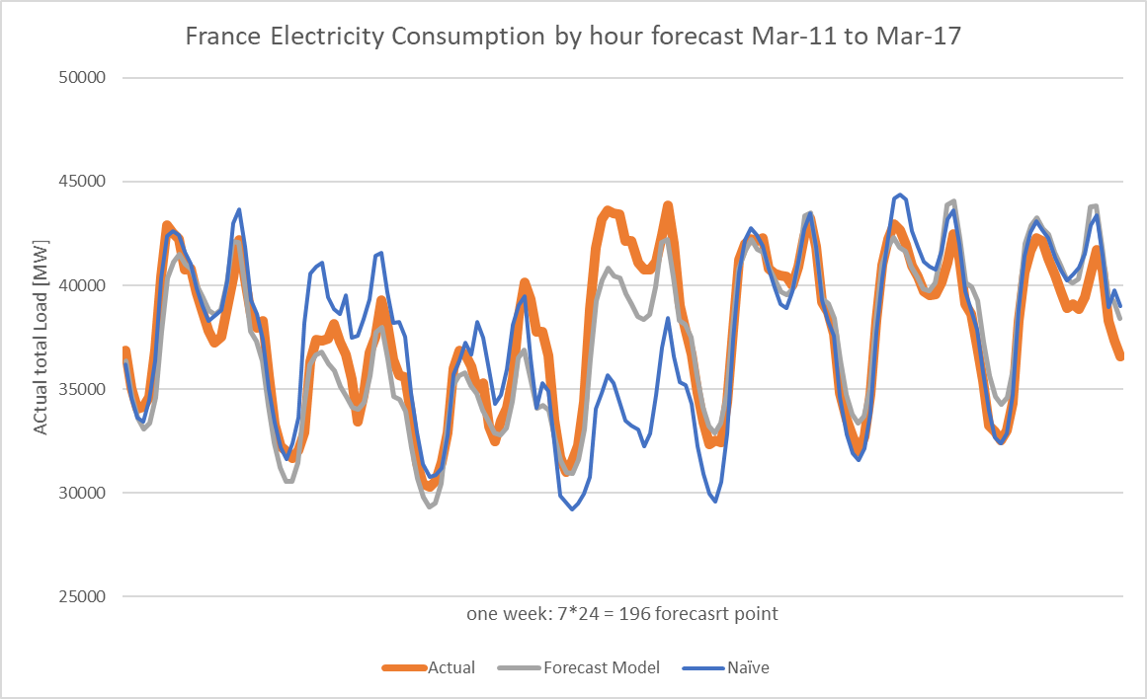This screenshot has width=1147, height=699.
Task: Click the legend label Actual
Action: tap(451, 667)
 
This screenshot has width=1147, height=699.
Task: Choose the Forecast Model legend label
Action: tap(602, 667)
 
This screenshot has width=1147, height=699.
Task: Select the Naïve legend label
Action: tap(748, 667)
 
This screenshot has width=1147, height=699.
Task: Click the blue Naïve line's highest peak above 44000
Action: tap(900, 194)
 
